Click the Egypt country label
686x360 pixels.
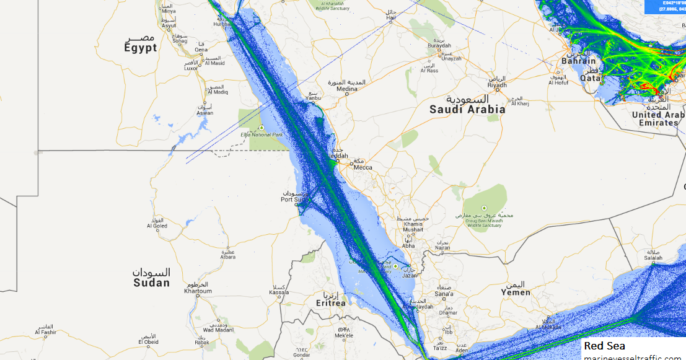coord(141,48)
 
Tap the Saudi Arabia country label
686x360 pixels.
coord(467,109)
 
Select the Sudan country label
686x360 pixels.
coord(151,283)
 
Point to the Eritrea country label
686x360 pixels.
coord(330,303)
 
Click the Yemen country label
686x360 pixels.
coord(516,292)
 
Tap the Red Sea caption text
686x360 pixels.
coord(604,346)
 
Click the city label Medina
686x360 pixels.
coord(347,89)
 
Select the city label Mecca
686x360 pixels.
coord(363,167)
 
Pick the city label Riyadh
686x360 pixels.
coord(497,85)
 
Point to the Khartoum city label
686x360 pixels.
coord(198,291)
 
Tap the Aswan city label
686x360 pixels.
coord(205,113)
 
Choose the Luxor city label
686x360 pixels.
coord(191,68)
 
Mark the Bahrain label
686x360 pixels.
coord(578,61)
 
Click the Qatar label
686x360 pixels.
coord(592,78)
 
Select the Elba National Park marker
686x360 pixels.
coord(262,128)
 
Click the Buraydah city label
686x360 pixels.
coord(439,46)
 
